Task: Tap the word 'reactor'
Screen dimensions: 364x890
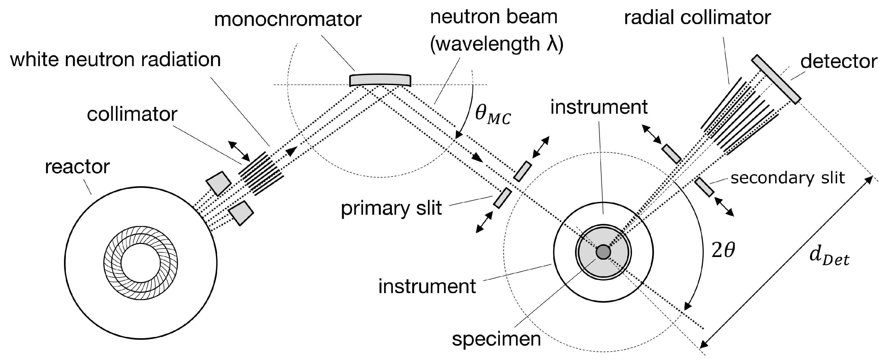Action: (x=77, y=167)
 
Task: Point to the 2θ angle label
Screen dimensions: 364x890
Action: (x=723, y=251)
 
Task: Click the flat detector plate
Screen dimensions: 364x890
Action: (x=776, y=79)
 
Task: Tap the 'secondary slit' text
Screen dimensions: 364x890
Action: (x=788, y=178)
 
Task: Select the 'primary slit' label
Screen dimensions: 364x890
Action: (x=391, y=209)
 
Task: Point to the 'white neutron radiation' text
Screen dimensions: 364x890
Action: (x=115, y=60)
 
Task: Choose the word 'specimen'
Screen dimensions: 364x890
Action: (x=496, y=339)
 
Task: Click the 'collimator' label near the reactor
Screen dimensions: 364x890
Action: (x=132, y=114)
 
